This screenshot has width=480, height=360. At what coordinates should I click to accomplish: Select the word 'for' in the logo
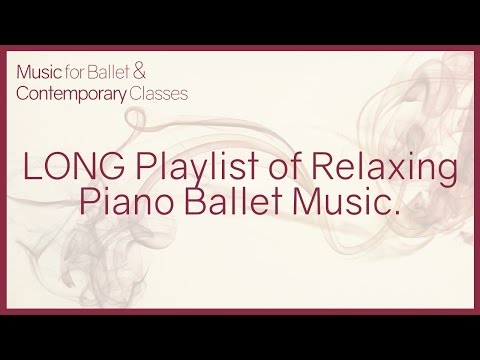click(98, 74)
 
